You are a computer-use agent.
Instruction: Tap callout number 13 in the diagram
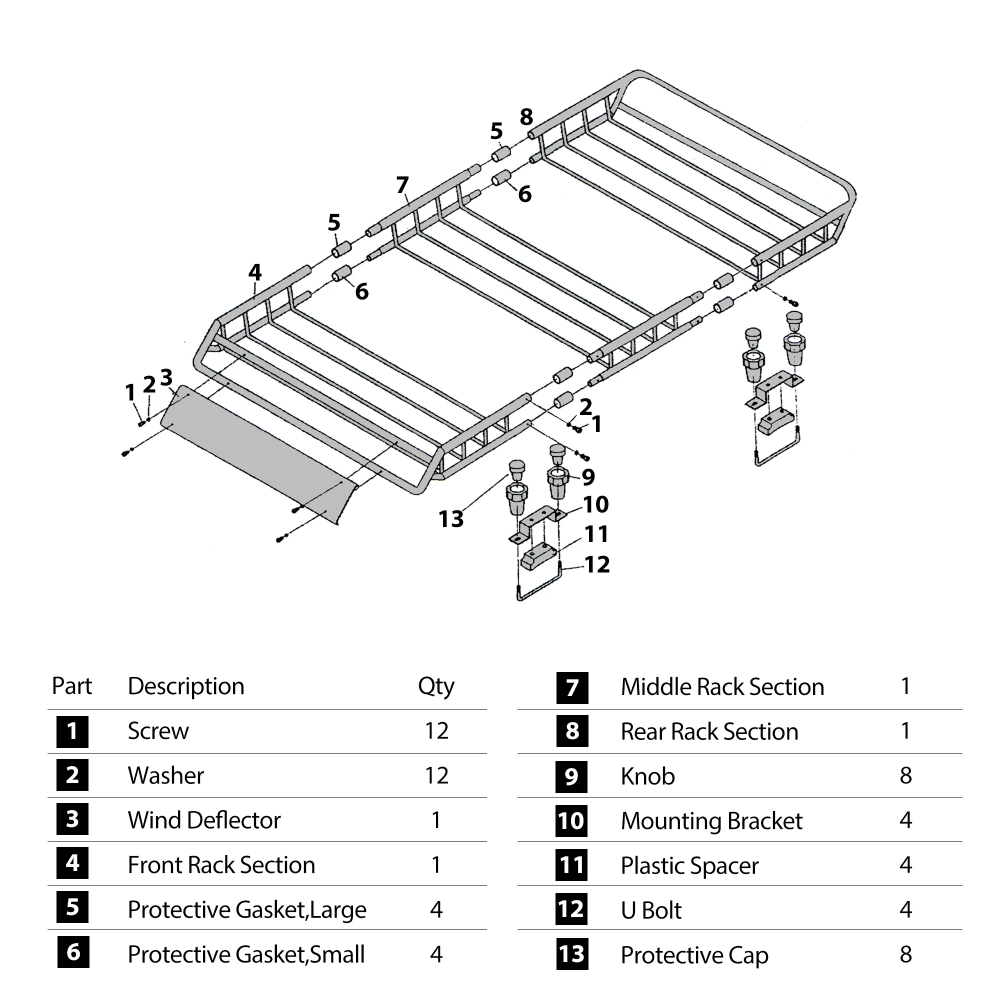click(x=451, y=519)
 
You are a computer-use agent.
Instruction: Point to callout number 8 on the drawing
click(x=526, y=117)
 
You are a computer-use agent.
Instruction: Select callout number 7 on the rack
click(x=402, y=185)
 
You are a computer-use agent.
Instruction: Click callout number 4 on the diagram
click(x=254, y=273)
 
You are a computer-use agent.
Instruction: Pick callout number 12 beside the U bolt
click(x=597, y=564)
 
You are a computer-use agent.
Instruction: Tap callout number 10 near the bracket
click(x=596, y=504)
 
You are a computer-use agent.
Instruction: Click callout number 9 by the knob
click(x=588, y=477)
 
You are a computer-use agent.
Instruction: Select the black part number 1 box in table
click(x=72, y=731)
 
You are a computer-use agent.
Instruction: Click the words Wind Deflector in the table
click(x=204, y=820)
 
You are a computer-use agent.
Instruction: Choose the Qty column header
click(x=436, y=687)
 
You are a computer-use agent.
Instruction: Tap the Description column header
click(x=186, y=687)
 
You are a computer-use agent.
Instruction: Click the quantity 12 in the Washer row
click(x=436, y=776)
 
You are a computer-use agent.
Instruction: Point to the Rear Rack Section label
click(x=709, y=732)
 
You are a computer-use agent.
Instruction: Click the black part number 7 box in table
click(x=572, y=688)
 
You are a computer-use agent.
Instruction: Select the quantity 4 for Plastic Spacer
click(x=905, y=865)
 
